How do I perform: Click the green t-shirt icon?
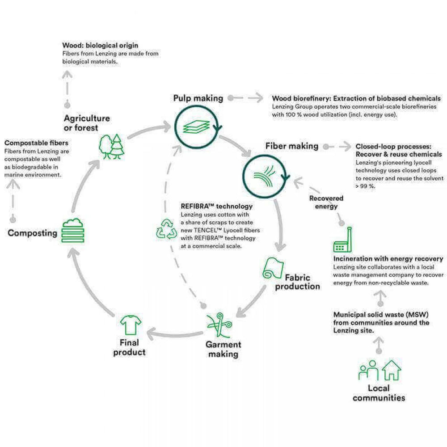click(x=131, y=324)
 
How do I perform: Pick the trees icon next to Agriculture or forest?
click(x=110, y=146)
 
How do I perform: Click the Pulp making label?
click(x=198, y=98)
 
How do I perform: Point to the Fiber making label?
click(x=292, y=146)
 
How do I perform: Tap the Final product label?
click(x=129, y=347)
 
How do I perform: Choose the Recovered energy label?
click(x=326, y=202)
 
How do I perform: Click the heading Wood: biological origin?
click(x=100, y=45)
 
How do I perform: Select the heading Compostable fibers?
click(x=36, y=143)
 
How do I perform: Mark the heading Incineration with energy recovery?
click(x=388, y=259)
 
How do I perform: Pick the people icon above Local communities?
click(x=368, y=371)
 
